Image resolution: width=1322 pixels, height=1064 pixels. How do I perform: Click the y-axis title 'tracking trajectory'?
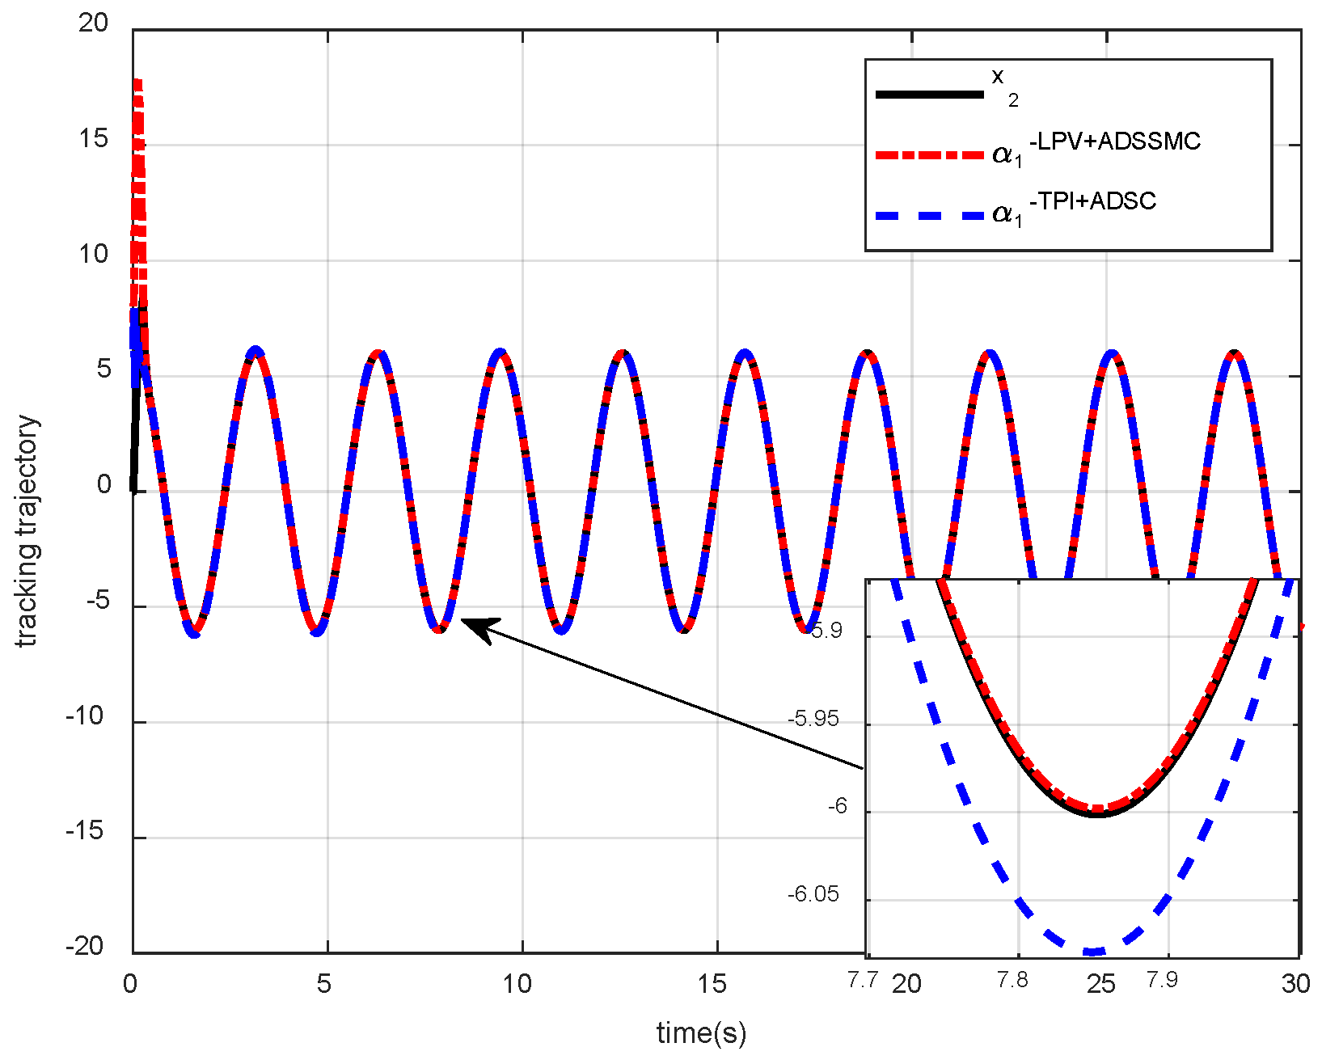click(x=27, y=530)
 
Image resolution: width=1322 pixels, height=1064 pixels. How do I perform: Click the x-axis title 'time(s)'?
click(x=700, y=1032)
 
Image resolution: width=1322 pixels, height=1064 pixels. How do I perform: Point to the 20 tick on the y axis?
click(x=93, y=23)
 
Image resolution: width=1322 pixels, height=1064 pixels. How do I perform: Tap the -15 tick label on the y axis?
click(x=85, y=831)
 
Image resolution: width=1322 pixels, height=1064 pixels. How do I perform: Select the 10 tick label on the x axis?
click(x=517, y=984)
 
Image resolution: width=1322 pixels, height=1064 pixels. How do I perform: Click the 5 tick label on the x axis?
click(x=323, y=984)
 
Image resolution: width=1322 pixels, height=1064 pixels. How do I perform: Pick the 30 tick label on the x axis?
click(x=1295, y=984)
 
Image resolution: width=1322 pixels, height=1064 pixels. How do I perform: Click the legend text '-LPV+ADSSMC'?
click(x=1114, y=142)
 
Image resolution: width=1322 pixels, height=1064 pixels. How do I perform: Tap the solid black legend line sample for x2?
click(x=930, y=95)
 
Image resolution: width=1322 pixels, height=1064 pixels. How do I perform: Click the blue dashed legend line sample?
click(x=930, y=216)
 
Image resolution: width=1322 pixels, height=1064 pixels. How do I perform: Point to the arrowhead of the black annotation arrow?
click(x=466, y=621)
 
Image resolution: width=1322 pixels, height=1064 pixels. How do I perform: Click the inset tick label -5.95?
click(x=814, y=719)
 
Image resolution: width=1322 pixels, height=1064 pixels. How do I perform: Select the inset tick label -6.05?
click(x=813, y=894)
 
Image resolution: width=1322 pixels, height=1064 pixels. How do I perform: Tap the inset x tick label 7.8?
click(x=1012, y=980)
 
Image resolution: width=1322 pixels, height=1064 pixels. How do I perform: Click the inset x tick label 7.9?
click(x=1162, y=980)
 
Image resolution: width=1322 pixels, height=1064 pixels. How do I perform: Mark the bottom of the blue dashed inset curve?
click(x=1093, y=952)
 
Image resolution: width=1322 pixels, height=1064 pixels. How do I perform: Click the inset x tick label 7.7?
click(x=863, y=980)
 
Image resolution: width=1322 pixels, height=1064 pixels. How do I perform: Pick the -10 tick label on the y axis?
click(x=85, y=716)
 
